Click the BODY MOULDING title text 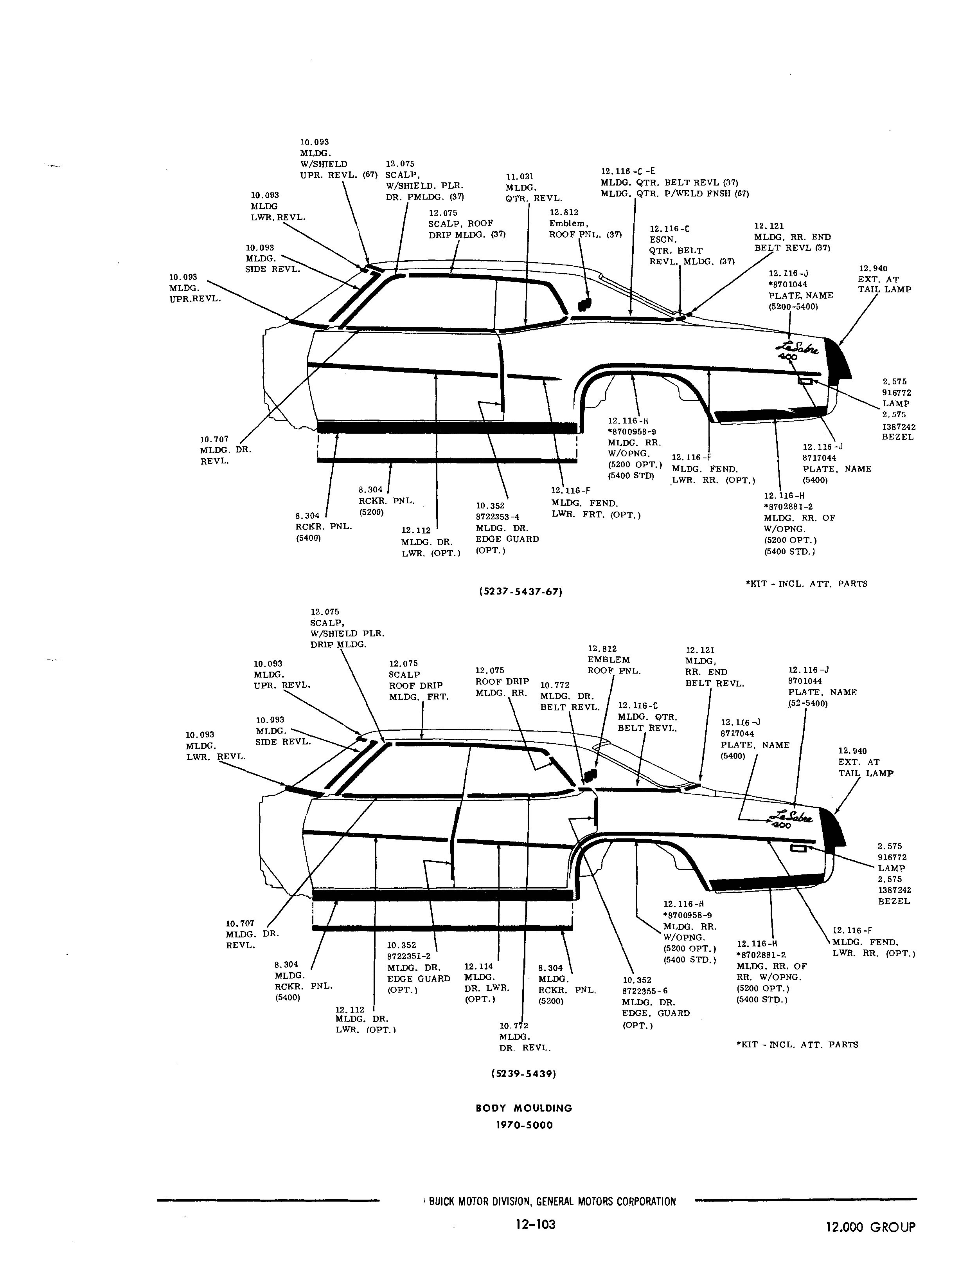pyautogui.click(x=524, y=1108)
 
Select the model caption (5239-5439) pyautogui.click(x=524, y=1073)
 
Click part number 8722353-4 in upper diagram pyautogui.click(x=498, y=517)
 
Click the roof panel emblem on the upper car pyautogui.click(x=584, y=304)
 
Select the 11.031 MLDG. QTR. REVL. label pyautogui.click(x=533, y=187)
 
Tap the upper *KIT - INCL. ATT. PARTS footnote pyautogui.click(x=806, y=584)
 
